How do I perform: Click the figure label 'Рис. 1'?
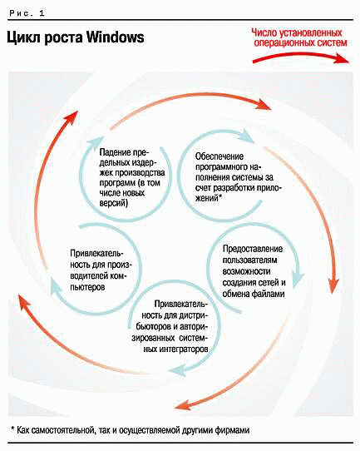coord(27,13)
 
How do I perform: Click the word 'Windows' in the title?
coord(116,37)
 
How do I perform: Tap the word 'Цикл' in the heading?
coord(23,38)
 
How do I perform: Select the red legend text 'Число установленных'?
coord(297,32)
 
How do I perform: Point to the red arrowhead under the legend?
coord(342,58)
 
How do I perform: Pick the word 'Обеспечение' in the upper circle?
coord(219,156)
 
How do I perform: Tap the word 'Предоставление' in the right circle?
coord(253,249)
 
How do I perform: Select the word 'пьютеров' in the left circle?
coord(87,287)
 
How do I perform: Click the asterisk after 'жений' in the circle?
coord(220,196)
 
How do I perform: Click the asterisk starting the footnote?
coord(12,429)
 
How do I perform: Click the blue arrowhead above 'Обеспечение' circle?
coord(247,136)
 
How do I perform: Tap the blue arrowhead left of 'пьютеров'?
coord(55,287)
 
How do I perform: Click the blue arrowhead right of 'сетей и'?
coord(298,279)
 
